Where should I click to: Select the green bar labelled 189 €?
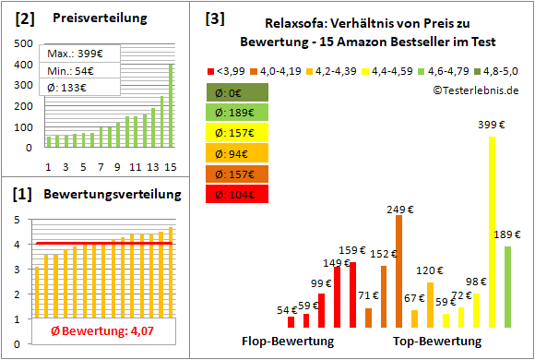coord(507,286)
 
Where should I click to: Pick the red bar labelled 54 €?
coord(291,321)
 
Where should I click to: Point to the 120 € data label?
coord(429,271)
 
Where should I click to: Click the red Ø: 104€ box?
coord(238,194)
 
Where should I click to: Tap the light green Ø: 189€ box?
coord(238,113)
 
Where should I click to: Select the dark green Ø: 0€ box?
coord(238,92)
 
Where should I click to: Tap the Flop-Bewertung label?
coord(288,342)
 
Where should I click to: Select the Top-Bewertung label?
coord(437,342)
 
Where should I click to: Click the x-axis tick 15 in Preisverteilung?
coord(169,166)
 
